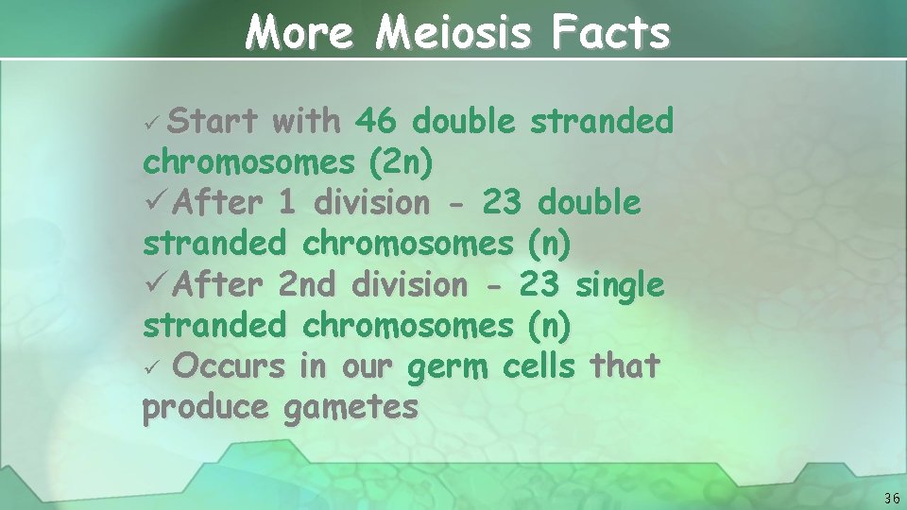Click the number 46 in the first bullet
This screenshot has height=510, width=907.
pyautogui.click(x=376, y=121)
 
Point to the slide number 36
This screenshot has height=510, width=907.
pyautogui.click(x=892, y=498)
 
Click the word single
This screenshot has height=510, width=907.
pyautogui.click(x=619, y=283)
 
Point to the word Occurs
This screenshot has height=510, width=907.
pyautogui.click(x=230, y=365)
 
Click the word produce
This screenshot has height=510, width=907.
pyautogui.click(x=205, y=407)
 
